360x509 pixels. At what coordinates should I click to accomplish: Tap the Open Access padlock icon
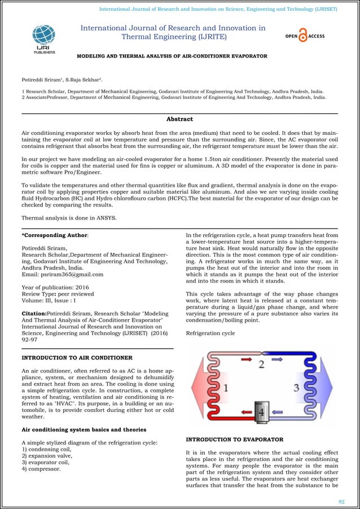pyautogui.click(x=304, y=37)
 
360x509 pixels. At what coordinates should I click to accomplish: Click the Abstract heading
pyautogui.click(x=179, y=119)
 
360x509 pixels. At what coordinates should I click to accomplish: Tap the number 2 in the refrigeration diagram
pyautogui.click(x=261, y=364)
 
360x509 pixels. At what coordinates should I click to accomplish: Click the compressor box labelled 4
pyautogui.click(x=261, y=412)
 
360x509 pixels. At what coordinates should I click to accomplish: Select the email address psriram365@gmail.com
pyautogui.click(x=62, y=274)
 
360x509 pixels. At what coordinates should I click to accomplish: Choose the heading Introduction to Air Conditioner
pyautogui.click(x=77, y=358)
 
